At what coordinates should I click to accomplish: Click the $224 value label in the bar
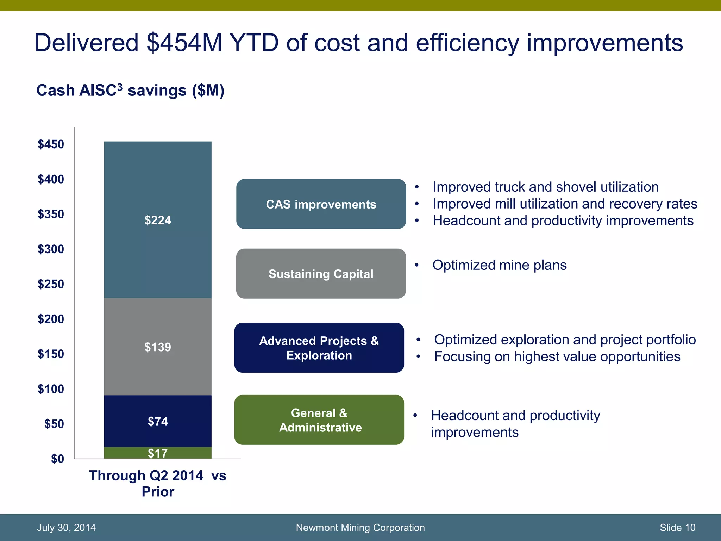(158, 220)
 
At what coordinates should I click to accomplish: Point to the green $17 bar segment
(158, 453)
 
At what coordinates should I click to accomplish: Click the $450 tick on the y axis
(51, 144)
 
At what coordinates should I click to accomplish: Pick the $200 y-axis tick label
(51, 319)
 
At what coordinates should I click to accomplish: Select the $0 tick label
(57, 459)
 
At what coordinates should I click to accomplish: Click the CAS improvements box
(321, 204)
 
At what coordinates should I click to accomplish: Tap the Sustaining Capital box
(321, 274)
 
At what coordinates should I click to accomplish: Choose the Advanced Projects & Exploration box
(319, 348)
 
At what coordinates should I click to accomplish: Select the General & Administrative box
(319, 420)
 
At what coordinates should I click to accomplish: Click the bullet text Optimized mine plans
(499, 265)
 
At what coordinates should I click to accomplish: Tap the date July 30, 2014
(66, 528)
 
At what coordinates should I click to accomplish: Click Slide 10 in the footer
(677, 528)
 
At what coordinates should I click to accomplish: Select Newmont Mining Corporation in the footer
(360, 528)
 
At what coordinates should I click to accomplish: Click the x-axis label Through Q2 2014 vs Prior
(158, 483)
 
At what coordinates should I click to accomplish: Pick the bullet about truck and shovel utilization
(545, 187)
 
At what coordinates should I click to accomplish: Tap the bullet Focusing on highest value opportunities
(557, 357)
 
